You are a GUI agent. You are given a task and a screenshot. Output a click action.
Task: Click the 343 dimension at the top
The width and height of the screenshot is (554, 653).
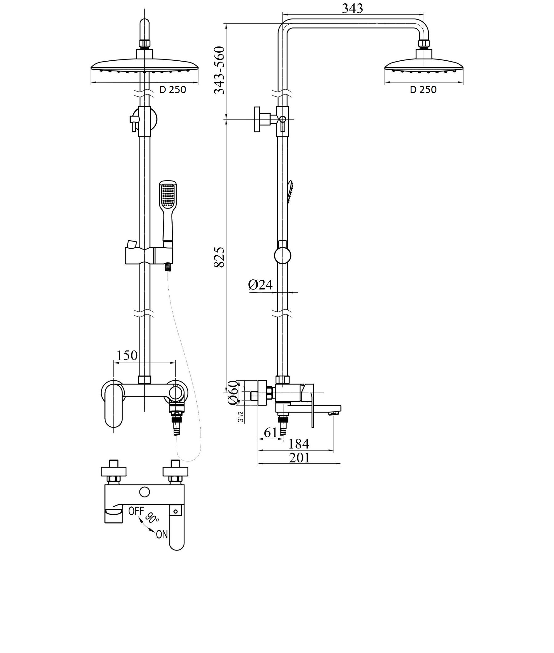point(352,9)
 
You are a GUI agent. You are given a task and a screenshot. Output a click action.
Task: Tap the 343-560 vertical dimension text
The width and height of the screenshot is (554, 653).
point(219,70)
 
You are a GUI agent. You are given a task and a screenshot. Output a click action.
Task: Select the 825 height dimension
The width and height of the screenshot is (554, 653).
point(219,258)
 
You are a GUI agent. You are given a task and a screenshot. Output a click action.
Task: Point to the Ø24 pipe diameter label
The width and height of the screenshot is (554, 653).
point(260,284)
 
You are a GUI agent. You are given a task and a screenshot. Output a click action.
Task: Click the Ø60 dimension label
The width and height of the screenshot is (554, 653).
point(233,393)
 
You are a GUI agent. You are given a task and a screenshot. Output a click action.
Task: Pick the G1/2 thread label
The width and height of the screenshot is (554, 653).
point(241,417)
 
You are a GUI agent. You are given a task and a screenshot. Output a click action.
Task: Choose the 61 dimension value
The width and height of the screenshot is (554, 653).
point(271,432)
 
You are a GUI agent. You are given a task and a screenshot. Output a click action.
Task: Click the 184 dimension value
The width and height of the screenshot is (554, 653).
point(298,444)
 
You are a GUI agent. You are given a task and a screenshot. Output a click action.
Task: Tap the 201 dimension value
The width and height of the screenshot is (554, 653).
point(299,457)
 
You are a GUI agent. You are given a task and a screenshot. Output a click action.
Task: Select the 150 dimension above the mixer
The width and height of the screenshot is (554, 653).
point(127,355)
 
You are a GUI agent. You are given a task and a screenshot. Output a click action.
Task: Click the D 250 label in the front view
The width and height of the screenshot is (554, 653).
point(173,90)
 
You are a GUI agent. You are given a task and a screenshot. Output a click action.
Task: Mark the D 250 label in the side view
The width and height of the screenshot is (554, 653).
point(423,90)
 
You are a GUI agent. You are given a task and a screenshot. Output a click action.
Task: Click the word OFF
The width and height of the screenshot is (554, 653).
point(136,511)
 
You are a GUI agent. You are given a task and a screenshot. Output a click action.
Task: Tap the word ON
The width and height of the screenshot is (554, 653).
point(162,534)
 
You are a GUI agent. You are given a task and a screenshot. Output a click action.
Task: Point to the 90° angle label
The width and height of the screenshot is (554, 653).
point(152,518)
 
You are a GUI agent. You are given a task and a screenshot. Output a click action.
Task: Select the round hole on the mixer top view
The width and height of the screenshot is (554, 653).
point(144,492)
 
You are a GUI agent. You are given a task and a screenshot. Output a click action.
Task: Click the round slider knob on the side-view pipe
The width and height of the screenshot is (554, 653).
point(283,255)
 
